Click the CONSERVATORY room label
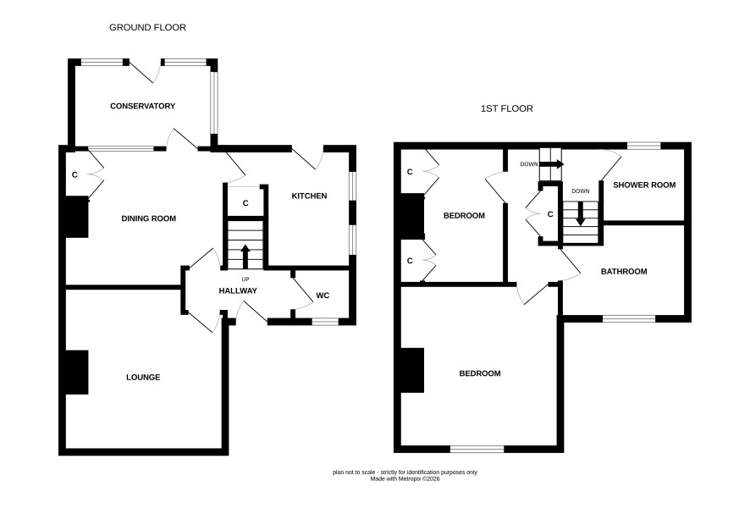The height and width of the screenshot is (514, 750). click(142, 106)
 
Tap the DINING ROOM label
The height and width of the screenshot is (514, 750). click(149, 218)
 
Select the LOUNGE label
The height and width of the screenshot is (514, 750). click(143, 377)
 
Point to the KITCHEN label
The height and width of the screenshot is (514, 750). click(310, 196)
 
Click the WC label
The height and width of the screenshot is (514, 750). click(323, 296)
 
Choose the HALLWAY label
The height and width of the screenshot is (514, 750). click(238, 290)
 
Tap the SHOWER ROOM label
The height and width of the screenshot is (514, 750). click(644, 185)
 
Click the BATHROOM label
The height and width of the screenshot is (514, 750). click(624, 271)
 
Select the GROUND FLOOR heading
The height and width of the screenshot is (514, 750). click(148, 27)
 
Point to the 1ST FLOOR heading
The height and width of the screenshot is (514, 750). click(506, 108)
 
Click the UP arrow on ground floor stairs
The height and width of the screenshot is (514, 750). click(245, 257)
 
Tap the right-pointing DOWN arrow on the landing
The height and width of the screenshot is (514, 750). click(552, 164)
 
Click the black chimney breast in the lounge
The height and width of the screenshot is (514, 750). click(76, 373)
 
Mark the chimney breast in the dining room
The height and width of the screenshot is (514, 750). click(76, 217)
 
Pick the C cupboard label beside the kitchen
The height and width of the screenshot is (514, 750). click(245, 203)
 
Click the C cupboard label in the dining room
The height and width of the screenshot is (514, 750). click(74, 174)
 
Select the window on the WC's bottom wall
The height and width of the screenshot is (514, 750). click(325, 322)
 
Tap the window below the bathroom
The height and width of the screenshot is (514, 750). click(629, 318)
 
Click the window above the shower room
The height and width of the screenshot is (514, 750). click(644, 146)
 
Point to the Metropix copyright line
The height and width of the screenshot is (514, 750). click(405, 478)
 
